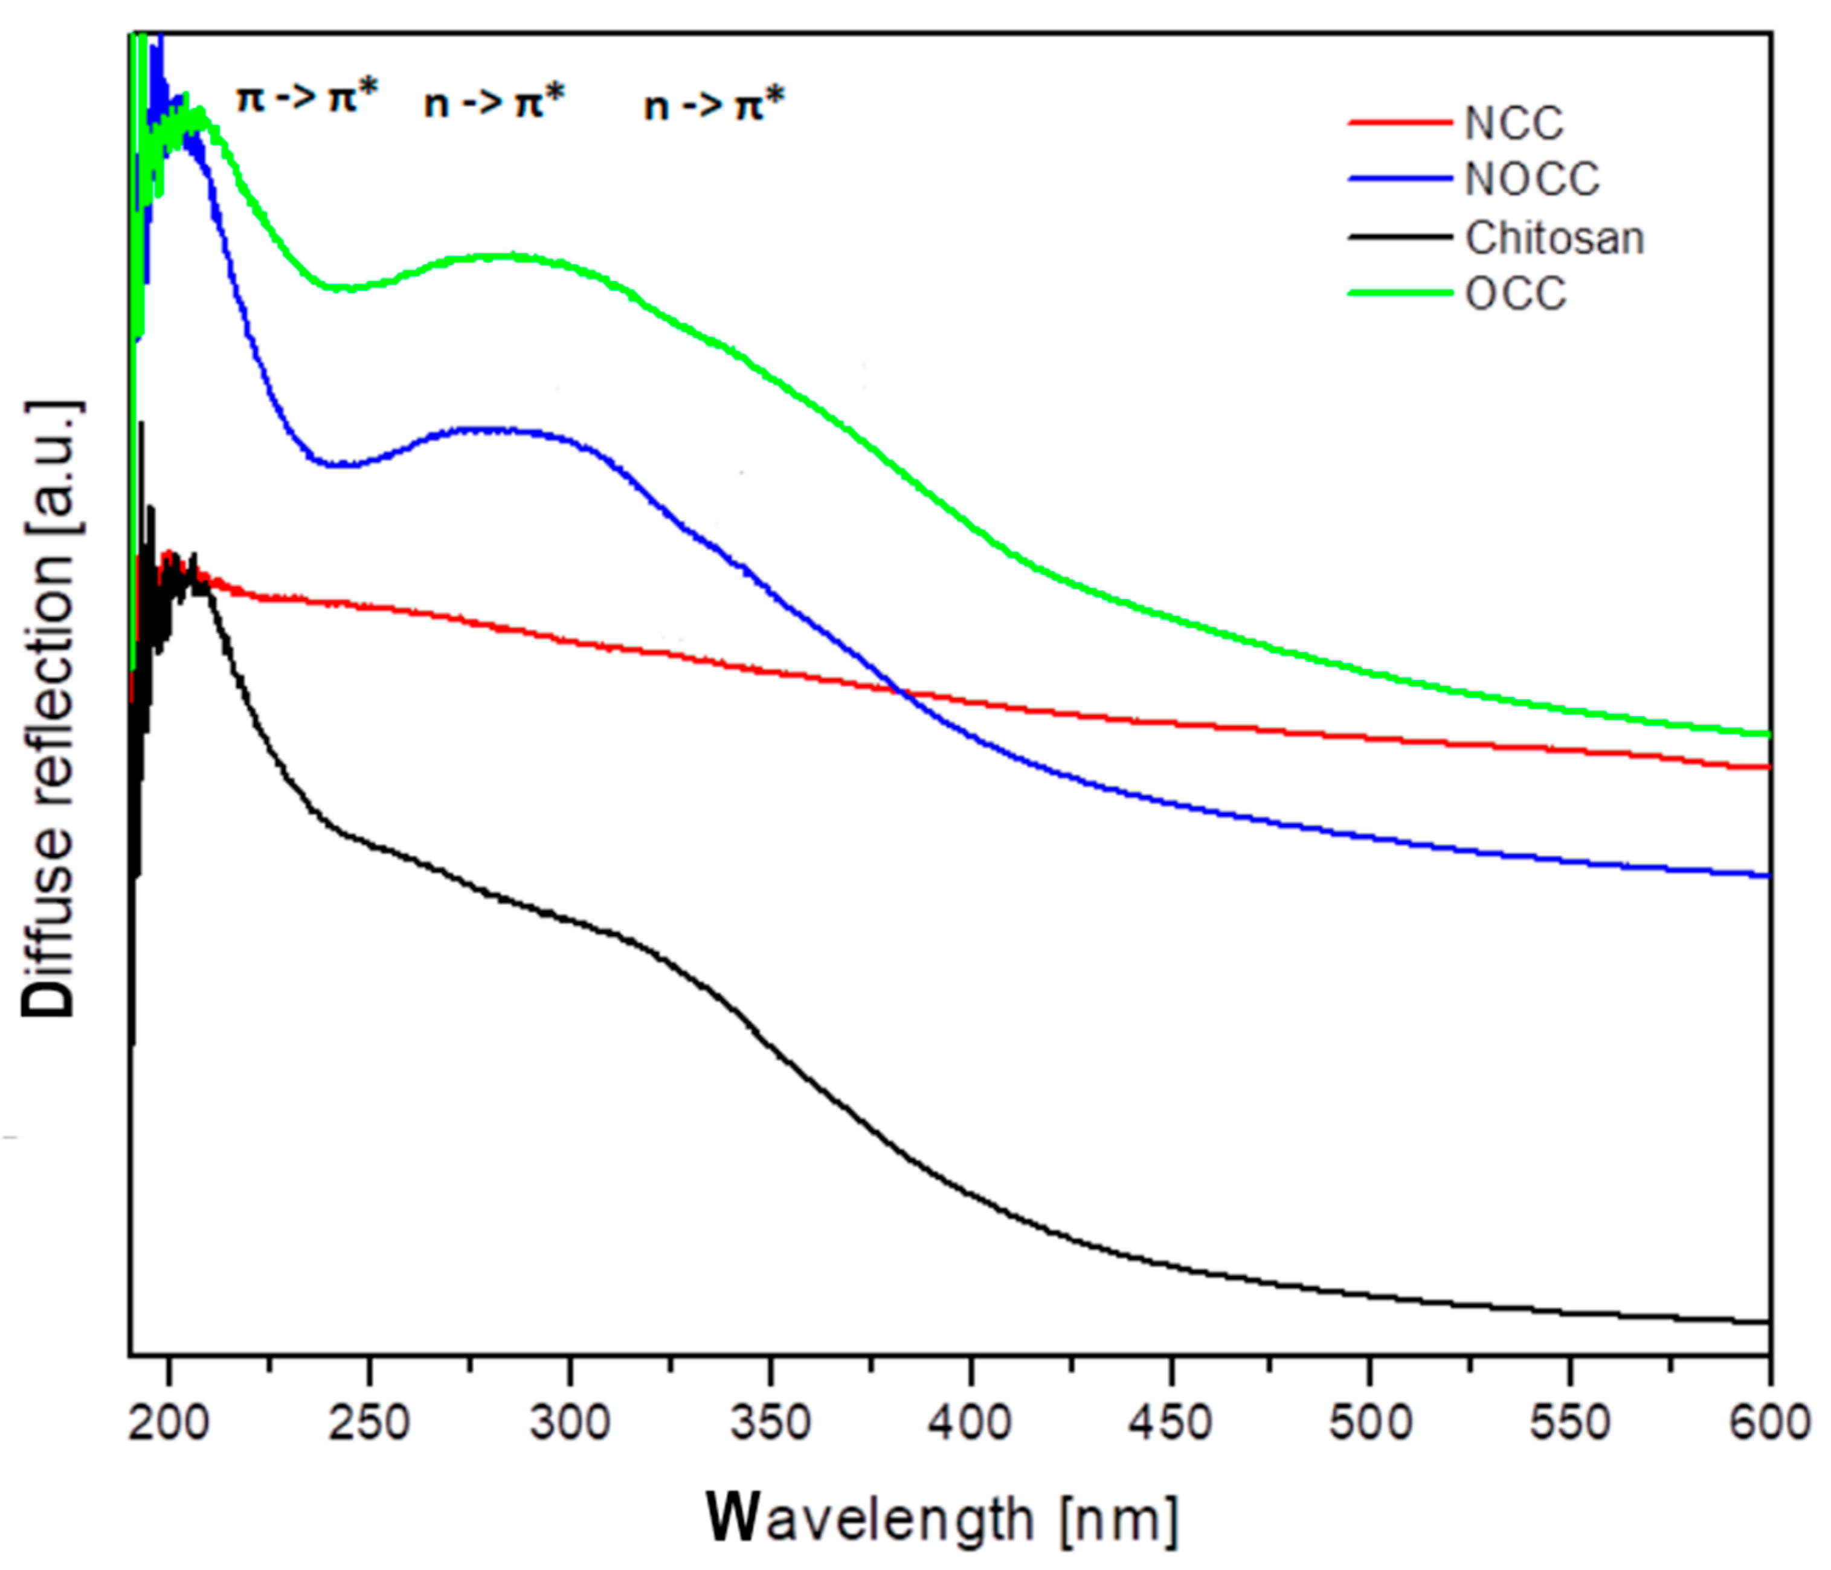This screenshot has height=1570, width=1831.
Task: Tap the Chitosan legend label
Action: click(1554, 238)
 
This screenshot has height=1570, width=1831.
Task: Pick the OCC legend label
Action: click(1516, 294)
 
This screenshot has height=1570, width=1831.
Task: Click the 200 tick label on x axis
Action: click(169, 1423)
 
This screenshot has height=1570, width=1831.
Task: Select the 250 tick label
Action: click(368, 1423)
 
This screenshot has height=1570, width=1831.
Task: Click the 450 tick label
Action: click(1171, 1423)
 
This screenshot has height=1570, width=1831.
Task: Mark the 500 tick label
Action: click(1371, 1423)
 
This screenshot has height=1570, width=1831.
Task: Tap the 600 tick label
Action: click(1770, 1423)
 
